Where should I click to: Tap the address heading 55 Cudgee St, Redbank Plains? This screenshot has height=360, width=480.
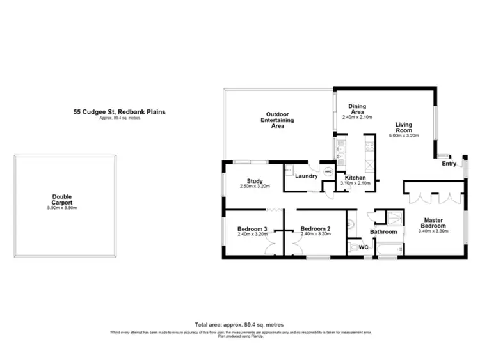tap(119, 112)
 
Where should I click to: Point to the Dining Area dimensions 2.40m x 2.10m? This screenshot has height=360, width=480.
tap(357, 118)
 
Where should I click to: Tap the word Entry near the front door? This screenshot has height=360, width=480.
tap(449, 164)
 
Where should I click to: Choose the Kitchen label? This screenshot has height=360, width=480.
tap(355, 178)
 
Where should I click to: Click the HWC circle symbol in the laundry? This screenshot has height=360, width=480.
tap(328, 172)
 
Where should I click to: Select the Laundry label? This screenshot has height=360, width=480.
tap(306, 176)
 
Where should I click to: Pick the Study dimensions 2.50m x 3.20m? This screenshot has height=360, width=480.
tap(246, 186)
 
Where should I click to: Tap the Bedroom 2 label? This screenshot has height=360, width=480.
tap(315, 229)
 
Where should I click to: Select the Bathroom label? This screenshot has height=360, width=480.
tap(384, 232)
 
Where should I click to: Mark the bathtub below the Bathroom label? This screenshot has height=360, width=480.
tap(388, 251)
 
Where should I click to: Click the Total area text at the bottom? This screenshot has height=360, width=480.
tap(239, 325)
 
